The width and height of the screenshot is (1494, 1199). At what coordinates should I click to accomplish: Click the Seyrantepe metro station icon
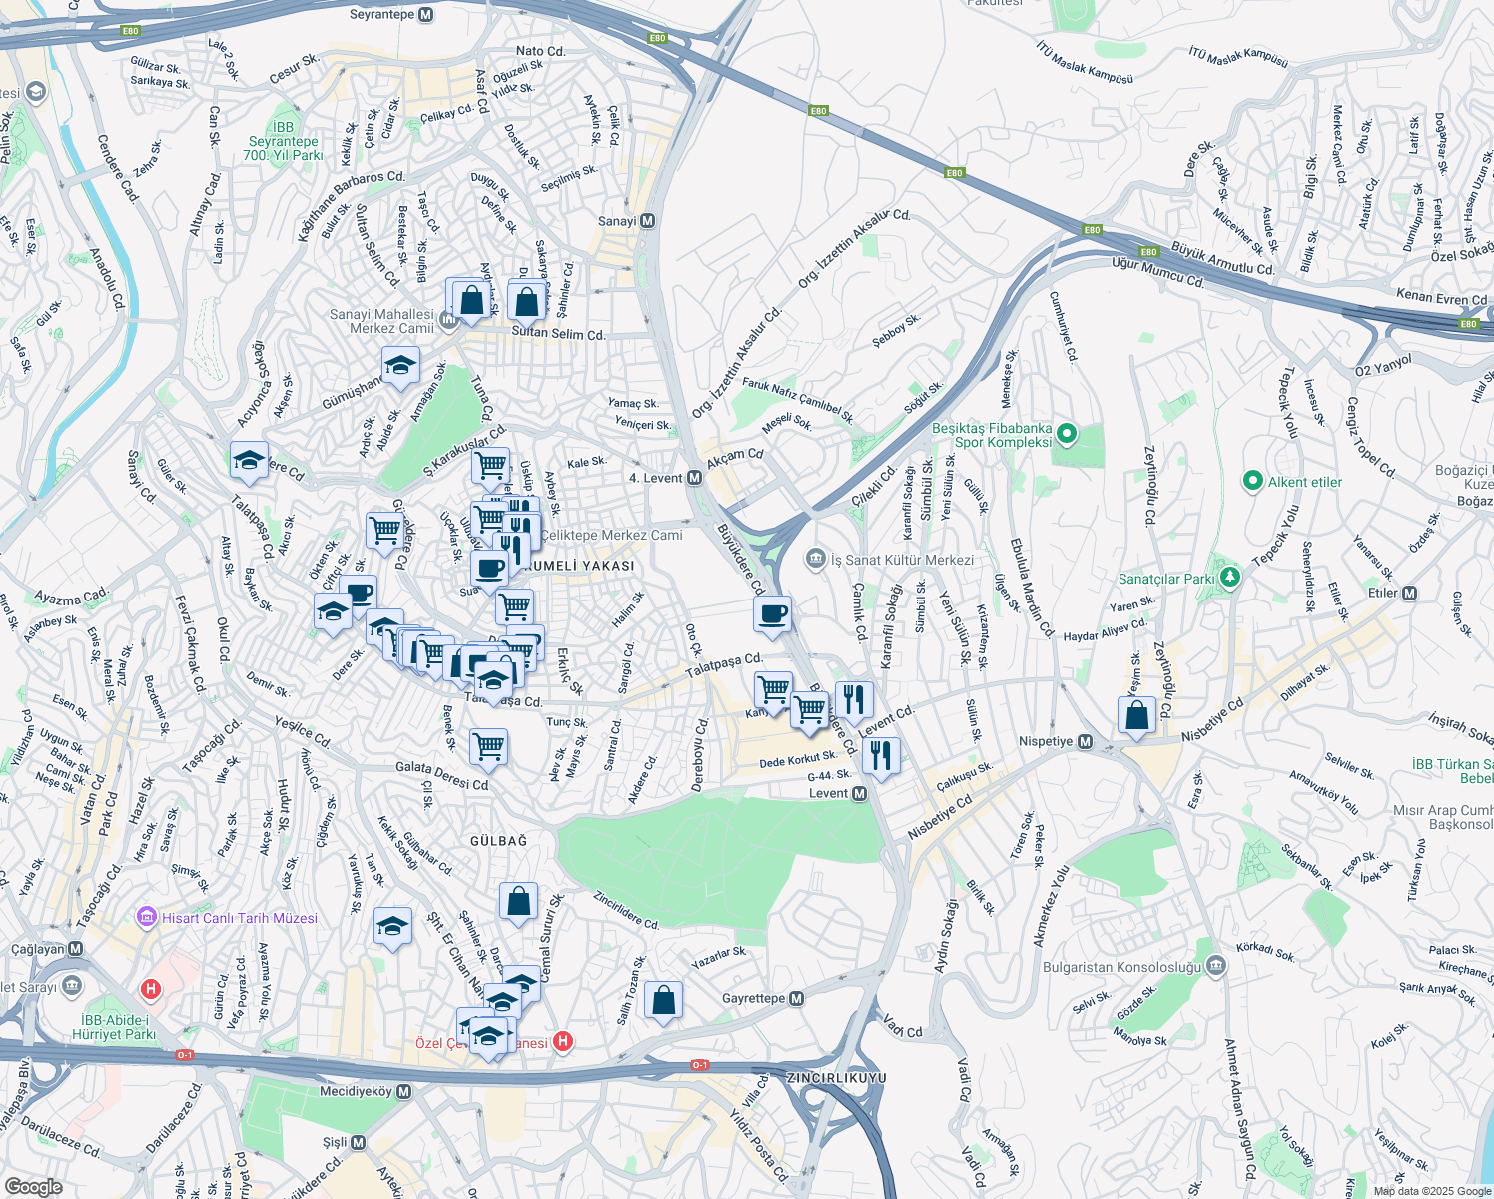point(426,15)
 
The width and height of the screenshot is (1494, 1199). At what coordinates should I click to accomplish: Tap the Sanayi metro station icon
point(648,221)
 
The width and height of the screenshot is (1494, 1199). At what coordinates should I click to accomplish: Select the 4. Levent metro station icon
point(695,478)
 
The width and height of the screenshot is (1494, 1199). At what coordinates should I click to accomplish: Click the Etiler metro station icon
point(1409,593)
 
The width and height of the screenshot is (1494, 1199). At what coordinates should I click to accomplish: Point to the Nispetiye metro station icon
point(1085,742)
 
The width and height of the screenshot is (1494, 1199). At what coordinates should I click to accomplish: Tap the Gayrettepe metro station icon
point(796,998)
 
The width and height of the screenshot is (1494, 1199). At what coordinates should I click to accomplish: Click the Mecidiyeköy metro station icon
point(403,1091)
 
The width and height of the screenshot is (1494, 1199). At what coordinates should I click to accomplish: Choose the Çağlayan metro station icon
point(76,949)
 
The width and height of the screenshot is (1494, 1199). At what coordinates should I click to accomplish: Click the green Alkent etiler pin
point(1252,482)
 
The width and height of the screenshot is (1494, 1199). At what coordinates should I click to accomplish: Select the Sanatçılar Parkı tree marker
point(1230,578)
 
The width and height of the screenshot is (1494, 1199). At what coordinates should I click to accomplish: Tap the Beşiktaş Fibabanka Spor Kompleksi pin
point(1067,434)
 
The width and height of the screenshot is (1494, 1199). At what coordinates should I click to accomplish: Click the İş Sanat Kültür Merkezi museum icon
point(816,559)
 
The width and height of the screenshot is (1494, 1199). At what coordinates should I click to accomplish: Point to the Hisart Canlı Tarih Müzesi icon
point(147,917)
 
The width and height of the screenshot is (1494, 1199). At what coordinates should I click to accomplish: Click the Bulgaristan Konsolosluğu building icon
point(1215,966)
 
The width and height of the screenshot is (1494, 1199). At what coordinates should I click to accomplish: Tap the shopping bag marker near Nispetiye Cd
point(1136,714)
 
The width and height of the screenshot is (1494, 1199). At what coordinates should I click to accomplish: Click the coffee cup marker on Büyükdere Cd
point(772,613)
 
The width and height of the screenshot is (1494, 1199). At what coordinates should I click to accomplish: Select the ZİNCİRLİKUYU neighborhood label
point(836,1078)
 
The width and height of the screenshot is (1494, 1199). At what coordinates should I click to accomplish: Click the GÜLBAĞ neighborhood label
point(498,841)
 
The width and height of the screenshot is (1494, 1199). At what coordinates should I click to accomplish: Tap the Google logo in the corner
point(33,1186)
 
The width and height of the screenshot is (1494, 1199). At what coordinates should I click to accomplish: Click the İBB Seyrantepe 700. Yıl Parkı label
point(284,141)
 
